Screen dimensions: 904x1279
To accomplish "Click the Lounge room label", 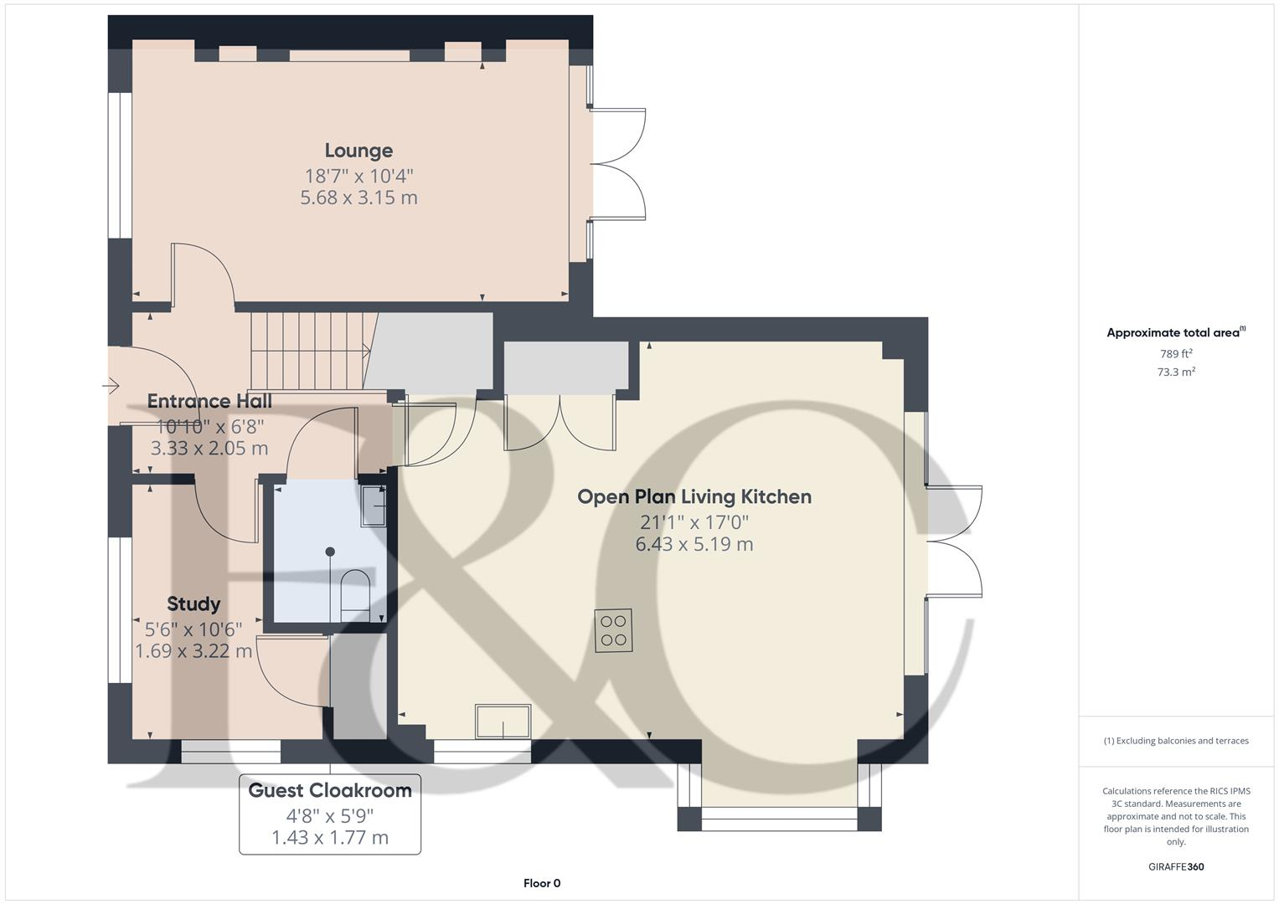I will (x=358, y=151).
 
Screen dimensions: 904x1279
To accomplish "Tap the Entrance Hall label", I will (x=209, y=402).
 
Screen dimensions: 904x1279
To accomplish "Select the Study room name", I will (x=193, y=604).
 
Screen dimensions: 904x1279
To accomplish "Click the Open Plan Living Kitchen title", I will (x=694, y=497).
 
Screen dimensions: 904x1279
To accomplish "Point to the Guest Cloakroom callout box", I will (x=330, y=814).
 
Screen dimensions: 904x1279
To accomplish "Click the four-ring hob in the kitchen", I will (x=614, y=631).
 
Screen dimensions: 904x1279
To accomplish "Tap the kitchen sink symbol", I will (x=503, y=722).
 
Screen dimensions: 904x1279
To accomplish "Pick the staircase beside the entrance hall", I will (x=310, y=352).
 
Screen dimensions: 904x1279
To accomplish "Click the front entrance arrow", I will (x=111, y=386).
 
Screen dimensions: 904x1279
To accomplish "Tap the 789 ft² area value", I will (x=1175, y=354).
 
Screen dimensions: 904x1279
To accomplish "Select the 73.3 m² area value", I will (x=1175, y=372).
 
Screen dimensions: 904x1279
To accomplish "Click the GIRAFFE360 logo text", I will (x=1175, y=867).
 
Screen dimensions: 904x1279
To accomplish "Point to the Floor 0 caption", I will (x=542, y=883).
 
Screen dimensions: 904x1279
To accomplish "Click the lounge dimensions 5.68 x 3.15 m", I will (x=358, y=198).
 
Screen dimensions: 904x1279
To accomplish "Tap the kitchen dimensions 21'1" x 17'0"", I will (x=694, y=522).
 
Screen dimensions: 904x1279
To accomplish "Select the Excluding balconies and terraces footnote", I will (x=1175, y=741).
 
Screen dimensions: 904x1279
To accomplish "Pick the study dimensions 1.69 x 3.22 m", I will (x=193, y=651).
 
